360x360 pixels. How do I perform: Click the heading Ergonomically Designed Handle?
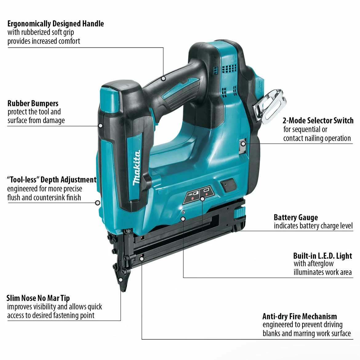55,24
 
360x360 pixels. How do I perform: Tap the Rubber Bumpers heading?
33,103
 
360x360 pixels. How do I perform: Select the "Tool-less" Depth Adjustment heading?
52,180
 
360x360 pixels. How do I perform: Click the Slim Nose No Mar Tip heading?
38,298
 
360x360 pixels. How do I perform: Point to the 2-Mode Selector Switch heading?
318,120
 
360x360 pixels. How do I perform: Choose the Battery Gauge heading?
296,218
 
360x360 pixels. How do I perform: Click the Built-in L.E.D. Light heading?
322,256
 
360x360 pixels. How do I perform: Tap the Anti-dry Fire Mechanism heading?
299,316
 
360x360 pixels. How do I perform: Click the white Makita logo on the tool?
137,168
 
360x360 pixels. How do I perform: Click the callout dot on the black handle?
163,78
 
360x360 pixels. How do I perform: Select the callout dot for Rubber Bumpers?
100,126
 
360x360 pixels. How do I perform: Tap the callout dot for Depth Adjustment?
98,203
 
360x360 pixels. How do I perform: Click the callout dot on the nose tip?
121,280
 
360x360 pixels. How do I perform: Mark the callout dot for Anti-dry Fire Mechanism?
142,258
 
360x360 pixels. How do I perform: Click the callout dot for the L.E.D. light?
183,218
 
